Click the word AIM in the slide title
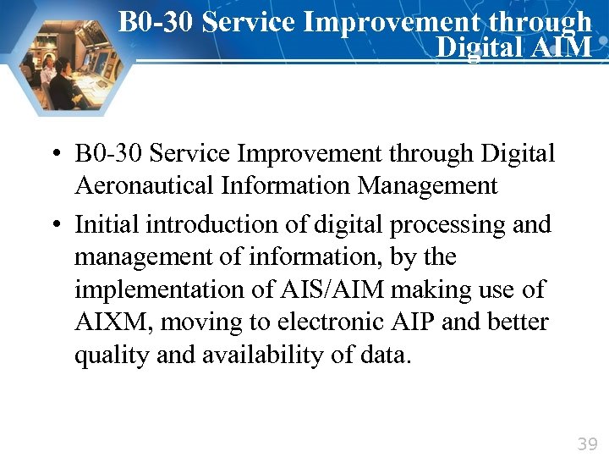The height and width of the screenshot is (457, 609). (563, 47)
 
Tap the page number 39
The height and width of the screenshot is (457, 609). (587, 443)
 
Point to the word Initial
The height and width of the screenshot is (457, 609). (107, 225)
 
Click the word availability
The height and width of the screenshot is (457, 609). (265, 355)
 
